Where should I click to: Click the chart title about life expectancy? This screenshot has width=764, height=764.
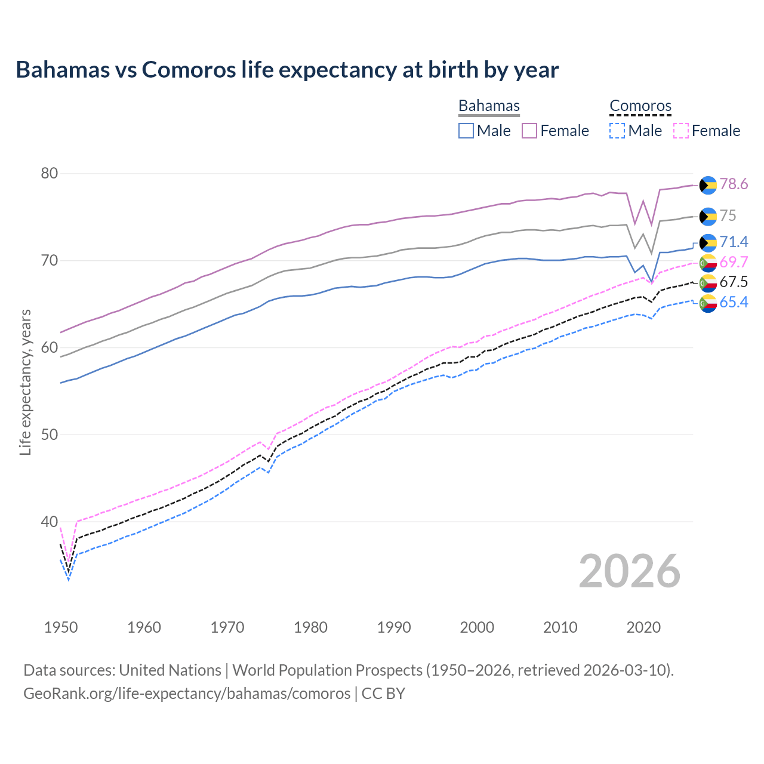tap(287, 70)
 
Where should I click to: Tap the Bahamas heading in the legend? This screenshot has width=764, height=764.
tap(489, 106)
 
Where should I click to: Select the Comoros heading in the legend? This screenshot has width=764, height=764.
tap(640, 106)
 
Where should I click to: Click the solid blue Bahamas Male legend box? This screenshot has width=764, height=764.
tap(466, 131)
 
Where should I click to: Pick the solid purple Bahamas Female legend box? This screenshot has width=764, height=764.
tap(529, 131)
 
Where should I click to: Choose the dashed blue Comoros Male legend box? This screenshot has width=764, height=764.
tap(617, 131)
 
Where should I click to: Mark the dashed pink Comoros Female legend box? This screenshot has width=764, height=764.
tap(680, 131)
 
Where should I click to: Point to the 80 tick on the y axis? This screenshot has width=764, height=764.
tap(49, 174)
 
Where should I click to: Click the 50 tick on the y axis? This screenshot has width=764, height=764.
tap(49, 435)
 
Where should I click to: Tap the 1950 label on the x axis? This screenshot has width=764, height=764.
tap(61, 627)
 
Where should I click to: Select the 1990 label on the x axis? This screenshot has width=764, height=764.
tap(394, 627)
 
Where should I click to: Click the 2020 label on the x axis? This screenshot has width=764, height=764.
tap(643, 627)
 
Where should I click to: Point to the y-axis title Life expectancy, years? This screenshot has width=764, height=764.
tap(26, 382)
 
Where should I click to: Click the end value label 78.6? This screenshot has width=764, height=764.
tap(734, 184)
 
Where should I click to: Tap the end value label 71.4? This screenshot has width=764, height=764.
tap(734, 242)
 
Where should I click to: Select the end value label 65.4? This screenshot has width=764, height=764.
tap(734, 303)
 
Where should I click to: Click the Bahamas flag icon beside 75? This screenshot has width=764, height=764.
tap(708, 216)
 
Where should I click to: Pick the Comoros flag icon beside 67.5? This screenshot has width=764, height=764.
tap(708, 283)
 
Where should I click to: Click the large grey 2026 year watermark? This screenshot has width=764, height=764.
tap(630, 571)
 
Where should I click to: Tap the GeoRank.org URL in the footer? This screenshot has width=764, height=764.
tap(187, 694)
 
